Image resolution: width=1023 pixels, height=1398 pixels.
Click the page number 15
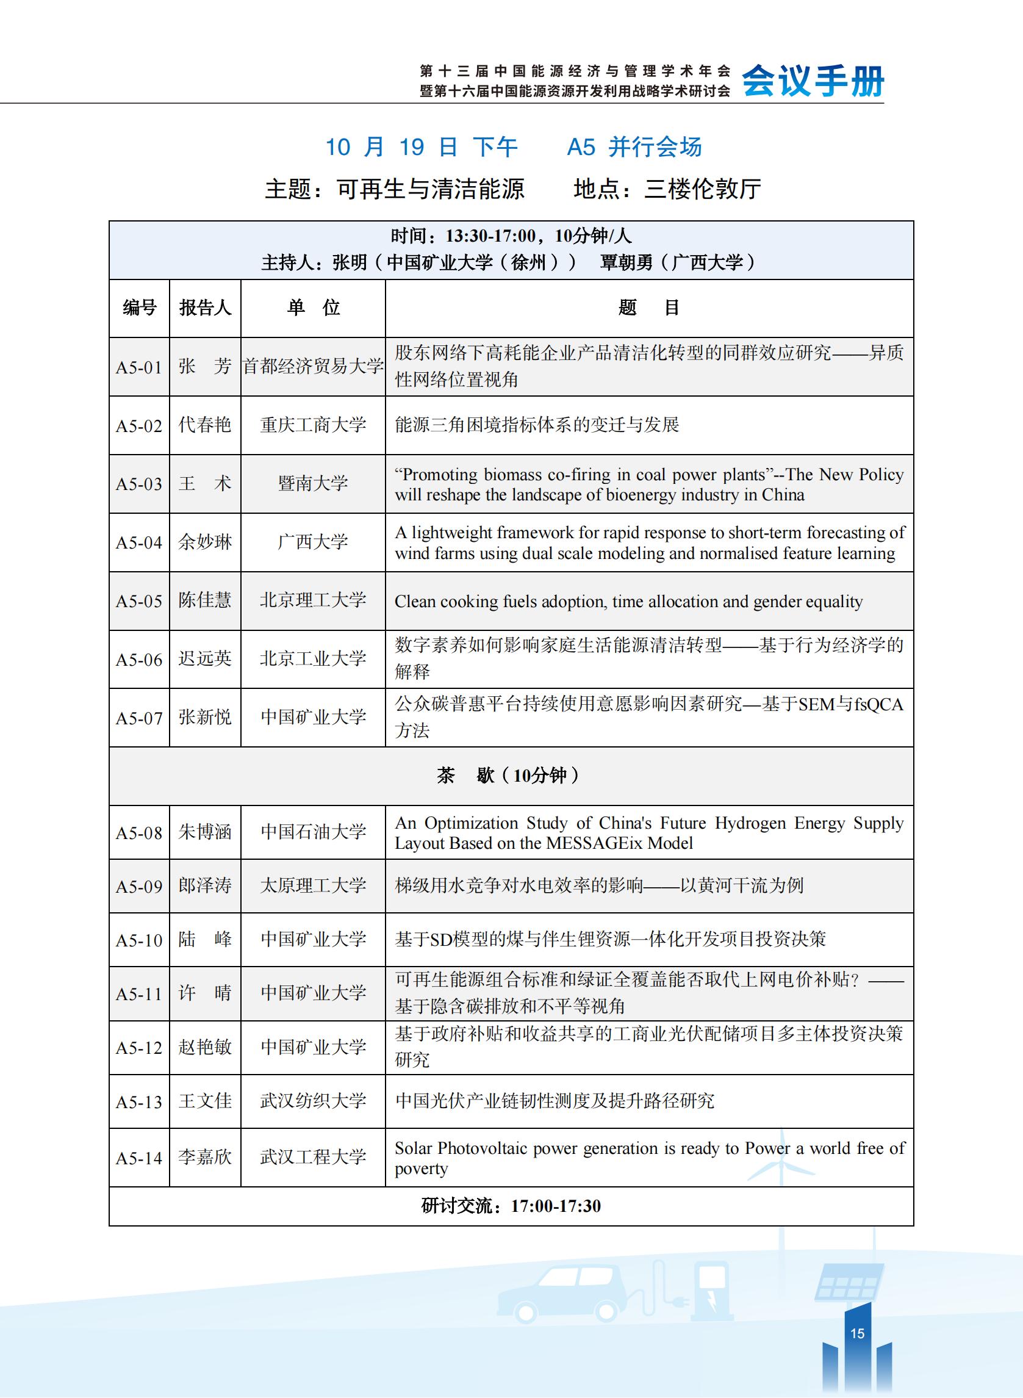(857, 1333)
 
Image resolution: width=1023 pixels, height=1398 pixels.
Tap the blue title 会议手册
(813, 81)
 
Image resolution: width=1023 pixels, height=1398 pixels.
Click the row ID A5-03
(138, 484)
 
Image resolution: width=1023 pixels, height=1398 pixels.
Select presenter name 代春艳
(205, 425)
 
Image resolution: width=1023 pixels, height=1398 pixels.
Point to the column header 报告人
(205, 308)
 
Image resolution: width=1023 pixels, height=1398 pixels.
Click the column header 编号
(139, 308)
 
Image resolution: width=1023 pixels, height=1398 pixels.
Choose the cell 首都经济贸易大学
(313, 366)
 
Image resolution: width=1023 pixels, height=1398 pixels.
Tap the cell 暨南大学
(313, 483)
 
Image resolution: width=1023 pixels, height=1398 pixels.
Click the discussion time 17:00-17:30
(556, 1205)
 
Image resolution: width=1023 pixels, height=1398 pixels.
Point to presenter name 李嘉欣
(205, 1157)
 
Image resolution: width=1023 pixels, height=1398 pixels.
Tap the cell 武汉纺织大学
(313, 1101)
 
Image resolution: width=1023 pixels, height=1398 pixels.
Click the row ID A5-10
(138, 940)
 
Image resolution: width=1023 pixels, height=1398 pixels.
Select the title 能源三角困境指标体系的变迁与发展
(537, 425)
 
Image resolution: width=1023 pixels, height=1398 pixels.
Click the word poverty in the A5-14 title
(421, 1169)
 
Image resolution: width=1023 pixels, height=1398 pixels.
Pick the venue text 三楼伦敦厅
(703, 189)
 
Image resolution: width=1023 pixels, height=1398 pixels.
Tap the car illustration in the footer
(561, 1292)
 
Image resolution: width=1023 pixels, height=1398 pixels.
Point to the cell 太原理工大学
(313, 885)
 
